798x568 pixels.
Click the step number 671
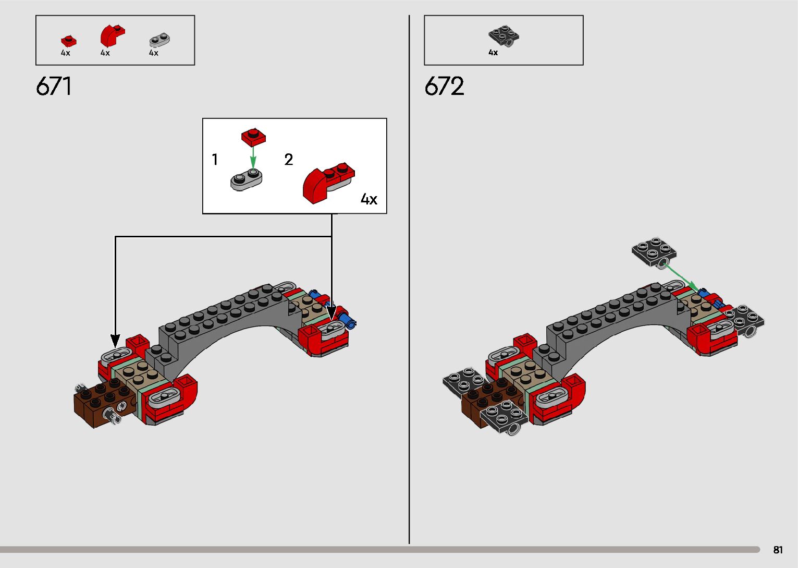coord(54,86)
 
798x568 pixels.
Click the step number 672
coord(444,86)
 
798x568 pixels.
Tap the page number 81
coord(778,550)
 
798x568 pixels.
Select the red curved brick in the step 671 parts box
coord(112,36)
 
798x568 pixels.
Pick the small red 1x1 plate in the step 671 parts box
coord(68,41)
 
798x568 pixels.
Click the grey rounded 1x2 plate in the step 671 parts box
coord(159,40)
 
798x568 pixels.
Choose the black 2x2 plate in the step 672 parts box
coord(504,36)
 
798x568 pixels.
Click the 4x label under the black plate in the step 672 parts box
coord(493,53)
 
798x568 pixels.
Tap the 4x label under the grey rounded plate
coord(154,53)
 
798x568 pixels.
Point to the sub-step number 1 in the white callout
coord(215,160)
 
